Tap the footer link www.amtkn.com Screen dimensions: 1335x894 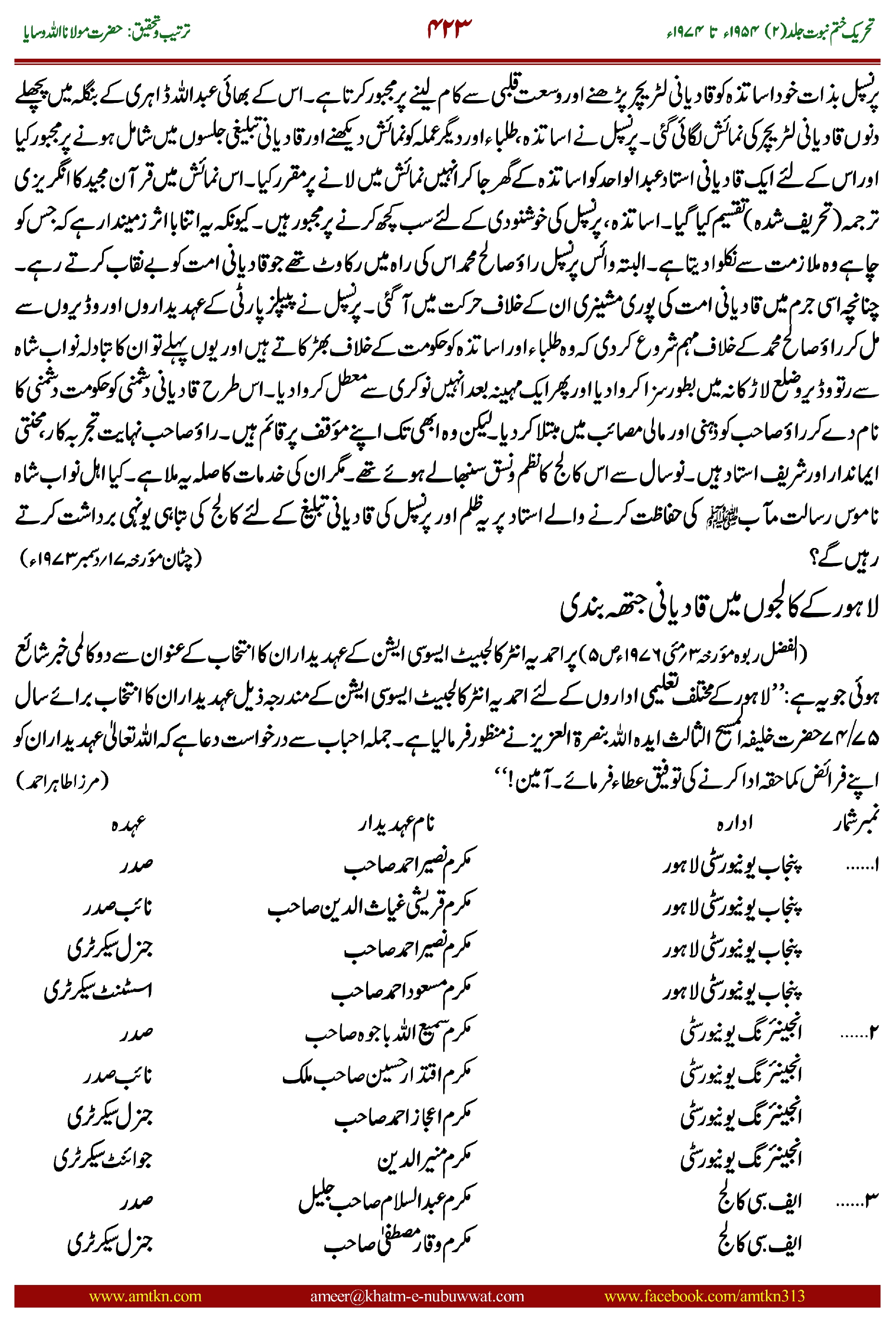click(145, 1296)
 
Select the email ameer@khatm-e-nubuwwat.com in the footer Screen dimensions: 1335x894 click(417, 1296)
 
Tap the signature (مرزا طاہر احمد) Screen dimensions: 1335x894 click(62, 780)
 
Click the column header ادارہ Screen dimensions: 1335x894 click(734, 823)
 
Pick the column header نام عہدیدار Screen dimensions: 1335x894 click(396, 823)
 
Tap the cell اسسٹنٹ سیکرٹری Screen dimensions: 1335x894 click(98, 991)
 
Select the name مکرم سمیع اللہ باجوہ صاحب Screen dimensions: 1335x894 click(388, 1032)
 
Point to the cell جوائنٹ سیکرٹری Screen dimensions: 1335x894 click(102, 1158)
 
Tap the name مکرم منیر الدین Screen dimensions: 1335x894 click(424, 1158)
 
